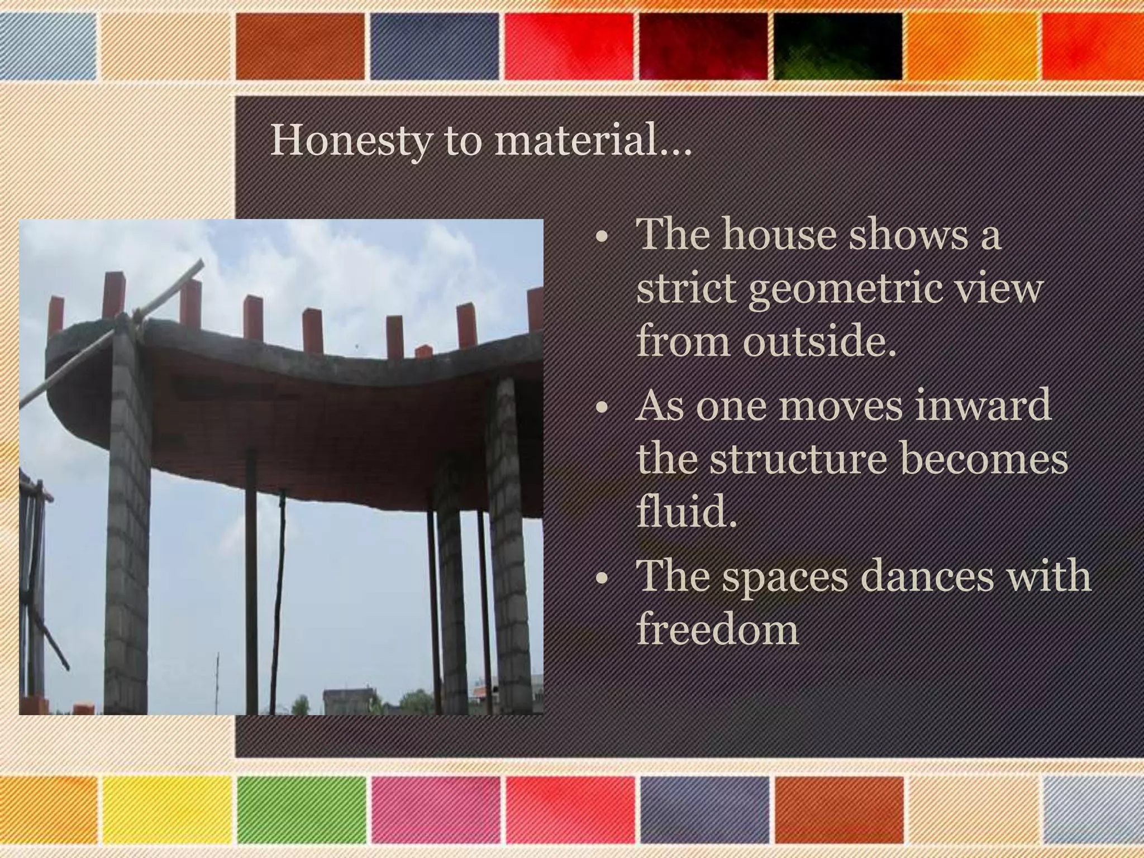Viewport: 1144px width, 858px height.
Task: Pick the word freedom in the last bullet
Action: (x=718, y=628)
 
